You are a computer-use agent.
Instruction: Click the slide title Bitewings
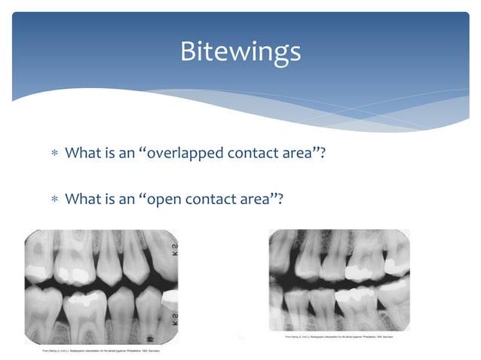tap(240, 51)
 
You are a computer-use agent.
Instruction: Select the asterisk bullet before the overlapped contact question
tap(54, 154)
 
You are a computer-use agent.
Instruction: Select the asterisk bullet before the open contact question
tap(54, 200)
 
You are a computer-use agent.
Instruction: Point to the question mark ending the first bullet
tap(331, 153)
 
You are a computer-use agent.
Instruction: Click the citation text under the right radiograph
tap(338, 337)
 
